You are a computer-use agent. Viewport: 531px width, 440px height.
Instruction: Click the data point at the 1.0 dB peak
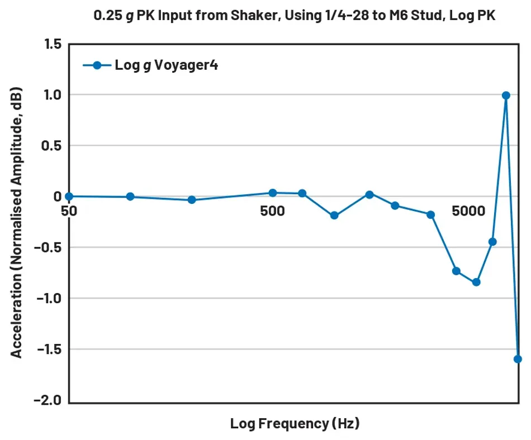click(506, 95)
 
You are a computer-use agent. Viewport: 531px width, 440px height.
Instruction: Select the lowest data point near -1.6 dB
click(518, 359)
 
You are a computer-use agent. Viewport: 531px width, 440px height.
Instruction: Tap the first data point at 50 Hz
click(69, 197)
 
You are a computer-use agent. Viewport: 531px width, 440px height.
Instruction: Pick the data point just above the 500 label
click(273, 193)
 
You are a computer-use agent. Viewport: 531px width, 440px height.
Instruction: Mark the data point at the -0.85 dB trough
click(476, 283)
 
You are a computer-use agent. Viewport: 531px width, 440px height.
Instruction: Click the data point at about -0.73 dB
click(456, 271)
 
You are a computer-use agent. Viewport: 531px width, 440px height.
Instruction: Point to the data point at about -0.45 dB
click(492, 242)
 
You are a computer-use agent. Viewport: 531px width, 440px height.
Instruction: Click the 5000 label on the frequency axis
click(468, 211)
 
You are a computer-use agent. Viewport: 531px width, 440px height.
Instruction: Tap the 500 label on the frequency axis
click(272, 211)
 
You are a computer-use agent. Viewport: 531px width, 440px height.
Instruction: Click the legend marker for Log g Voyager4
click(97, 65)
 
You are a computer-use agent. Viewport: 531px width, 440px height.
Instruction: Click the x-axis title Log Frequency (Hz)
click(295, 423)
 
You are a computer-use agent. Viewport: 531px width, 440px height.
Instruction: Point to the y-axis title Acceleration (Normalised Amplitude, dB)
click(17, 222)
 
